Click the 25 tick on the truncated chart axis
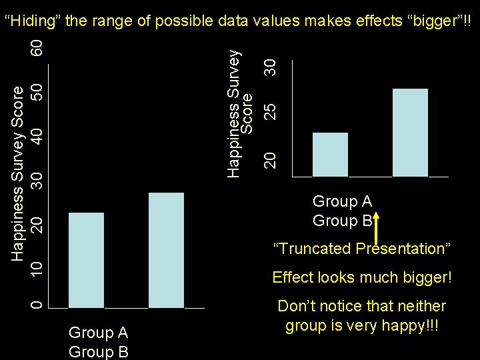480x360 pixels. coord(269,111)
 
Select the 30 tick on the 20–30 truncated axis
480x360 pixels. coord(269,66)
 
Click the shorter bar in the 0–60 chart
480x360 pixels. coord(86,260)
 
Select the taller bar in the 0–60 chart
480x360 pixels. coord(166,250)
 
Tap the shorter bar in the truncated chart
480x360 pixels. coord(330,155)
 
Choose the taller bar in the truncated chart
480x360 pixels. coord(410,133)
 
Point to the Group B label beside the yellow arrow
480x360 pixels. coord(341,221)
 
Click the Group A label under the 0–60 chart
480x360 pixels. coord(98,332)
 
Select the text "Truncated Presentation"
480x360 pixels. coord(362,249)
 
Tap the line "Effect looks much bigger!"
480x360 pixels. coord(362,277)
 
